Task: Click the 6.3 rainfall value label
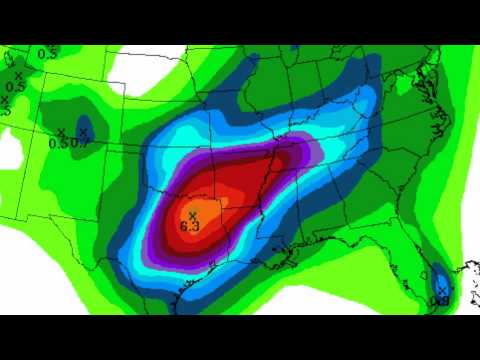[x=190, y=227]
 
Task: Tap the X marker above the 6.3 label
[x=191, y=215]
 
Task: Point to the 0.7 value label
[x=83, y=143]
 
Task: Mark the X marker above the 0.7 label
[x=83, y=132]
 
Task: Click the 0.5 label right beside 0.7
[x=59, y=143]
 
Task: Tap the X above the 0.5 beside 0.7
[x=61, y=132]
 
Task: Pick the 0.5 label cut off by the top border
[x=47, y=53]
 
